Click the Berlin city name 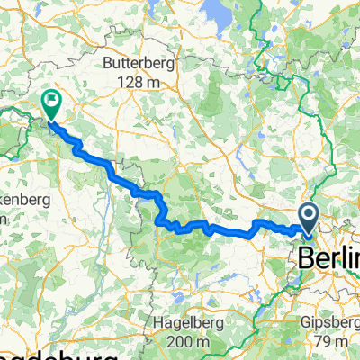point(328,256)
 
